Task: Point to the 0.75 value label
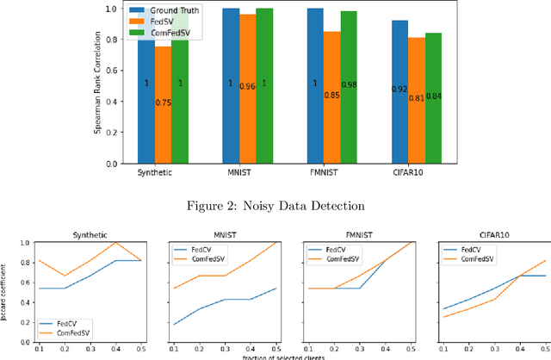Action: click(x=162, y=102)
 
